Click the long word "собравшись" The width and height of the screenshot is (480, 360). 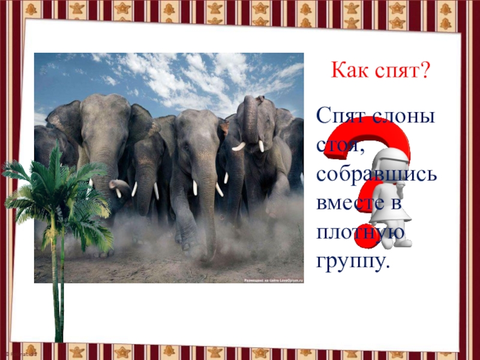377,174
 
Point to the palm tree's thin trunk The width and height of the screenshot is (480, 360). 57,288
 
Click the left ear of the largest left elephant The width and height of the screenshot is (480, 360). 63,120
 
